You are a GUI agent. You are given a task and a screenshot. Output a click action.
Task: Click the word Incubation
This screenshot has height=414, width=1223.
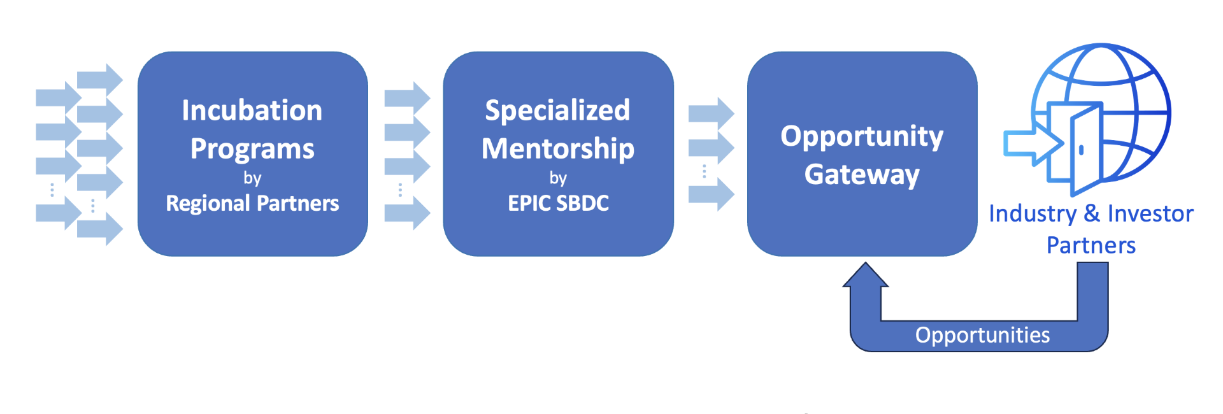pos(252,111)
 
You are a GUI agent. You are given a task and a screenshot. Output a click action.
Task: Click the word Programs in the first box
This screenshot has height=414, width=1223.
pos(252,149)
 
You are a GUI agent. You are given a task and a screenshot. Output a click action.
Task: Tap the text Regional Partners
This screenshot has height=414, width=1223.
pos(252,203)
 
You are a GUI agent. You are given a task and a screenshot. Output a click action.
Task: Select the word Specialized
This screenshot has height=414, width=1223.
pos(557,111)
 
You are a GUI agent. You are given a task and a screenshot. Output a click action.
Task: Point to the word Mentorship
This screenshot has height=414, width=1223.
pos(557,149)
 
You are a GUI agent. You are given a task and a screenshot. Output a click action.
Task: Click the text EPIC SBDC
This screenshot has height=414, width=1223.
pos(557,203)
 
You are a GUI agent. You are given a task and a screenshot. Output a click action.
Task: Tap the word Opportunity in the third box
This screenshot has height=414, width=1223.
pos(861,136)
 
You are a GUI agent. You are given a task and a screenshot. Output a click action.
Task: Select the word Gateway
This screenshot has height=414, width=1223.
pos(861,175)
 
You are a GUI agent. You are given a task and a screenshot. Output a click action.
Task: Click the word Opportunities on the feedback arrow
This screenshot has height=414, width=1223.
pos(982,335)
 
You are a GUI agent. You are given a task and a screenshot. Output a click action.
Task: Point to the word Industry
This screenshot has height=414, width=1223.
pos(1032,214)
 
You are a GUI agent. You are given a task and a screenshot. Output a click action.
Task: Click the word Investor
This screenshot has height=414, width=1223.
pos(1150,214)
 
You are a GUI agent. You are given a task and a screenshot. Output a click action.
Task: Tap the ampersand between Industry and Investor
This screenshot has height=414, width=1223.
pos(1092,214)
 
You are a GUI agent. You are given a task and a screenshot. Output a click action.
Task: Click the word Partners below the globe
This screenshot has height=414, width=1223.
pos(1091,245)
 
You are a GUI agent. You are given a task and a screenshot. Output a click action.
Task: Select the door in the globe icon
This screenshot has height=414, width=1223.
pos(1086,150)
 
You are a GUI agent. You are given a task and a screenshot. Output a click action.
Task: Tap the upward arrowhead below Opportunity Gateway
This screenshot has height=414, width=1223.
pos(865,275)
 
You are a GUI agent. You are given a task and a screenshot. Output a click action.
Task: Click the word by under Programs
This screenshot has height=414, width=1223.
pos(252,178)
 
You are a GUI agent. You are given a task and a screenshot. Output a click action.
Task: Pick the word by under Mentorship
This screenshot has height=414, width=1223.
pos(557,178)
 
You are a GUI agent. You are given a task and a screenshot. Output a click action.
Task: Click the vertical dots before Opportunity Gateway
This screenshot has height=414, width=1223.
pos(704,171)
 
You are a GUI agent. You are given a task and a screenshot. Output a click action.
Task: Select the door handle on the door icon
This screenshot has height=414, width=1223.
pos(1081,150)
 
